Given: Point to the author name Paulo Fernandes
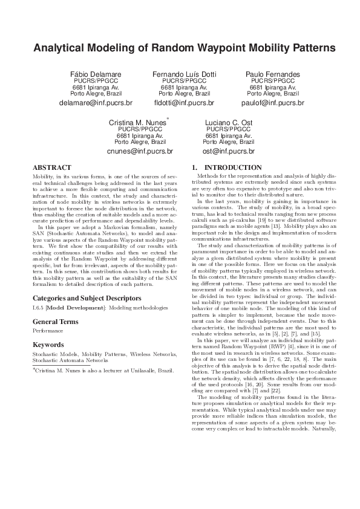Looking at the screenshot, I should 273,74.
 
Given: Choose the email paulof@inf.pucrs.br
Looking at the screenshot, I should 273,103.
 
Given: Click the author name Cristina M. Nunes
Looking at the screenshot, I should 137,123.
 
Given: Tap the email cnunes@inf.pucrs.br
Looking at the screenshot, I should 140,151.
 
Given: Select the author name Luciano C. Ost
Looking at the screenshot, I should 228,123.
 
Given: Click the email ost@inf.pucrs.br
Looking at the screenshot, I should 228,151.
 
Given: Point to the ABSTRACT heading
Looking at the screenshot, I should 51,167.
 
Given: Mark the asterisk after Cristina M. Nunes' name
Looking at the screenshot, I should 168,119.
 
